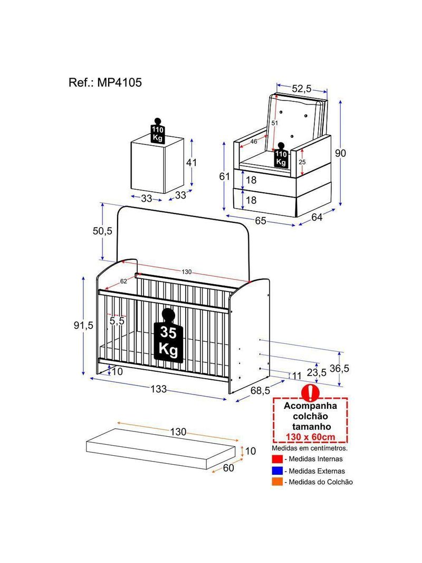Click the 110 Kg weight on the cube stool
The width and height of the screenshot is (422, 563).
coord(157,130)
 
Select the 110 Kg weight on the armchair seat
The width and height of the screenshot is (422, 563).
coord(281,155)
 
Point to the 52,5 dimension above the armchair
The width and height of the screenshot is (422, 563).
coord(302,89)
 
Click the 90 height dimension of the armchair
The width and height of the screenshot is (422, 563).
coord(340,153)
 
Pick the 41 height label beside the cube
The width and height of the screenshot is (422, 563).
coord(191,163)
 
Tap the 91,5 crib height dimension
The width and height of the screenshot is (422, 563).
coord(83,325)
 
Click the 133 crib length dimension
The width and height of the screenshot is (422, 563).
coord(158,389)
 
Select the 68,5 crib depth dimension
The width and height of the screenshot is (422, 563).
coord(260,390)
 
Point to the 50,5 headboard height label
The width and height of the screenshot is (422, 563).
coord(102,231)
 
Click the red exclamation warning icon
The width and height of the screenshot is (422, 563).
coord(310,392)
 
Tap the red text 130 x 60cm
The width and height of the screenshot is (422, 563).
coord(311,437)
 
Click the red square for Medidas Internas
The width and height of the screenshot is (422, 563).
coord(277,459)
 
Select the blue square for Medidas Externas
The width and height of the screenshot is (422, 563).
coord(277,471)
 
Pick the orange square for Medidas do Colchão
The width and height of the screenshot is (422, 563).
coord(277,482)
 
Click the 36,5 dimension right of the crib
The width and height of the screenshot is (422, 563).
coord(339,369)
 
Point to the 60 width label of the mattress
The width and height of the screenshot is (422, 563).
coord(228,468)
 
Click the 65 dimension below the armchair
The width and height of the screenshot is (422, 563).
coord(261,220)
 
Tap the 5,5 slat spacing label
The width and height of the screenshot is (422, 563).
coord(117,321)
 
